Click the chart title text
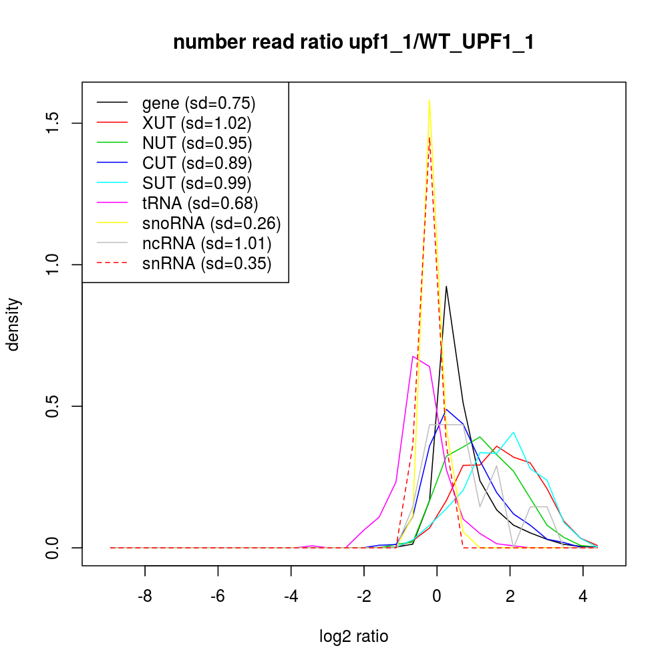(353, 43)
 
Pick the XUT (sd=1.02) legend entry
(196, 123)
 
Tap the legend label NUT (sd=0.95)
(197, 143)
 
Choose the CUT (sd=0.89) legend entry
(197, 163)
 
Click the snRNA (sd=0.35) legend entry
(206, 263)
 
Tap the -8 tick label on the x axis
(145, 596)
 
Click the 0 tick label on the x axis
(437, 596)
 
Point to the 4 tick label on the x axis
(583, 596)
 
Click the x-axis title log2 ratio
(353, 637)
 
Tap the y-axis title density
(15, 324)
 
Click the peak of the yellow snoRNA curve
(429, 100)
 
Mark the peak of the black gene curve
(446, 286)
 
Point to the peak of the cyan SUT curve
(513, 432)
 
